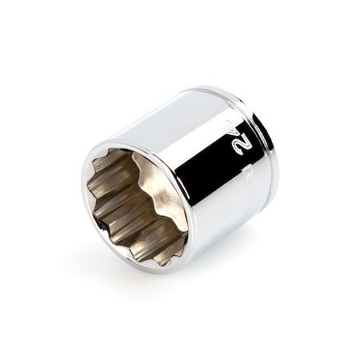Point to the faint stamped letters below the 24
[245, 172]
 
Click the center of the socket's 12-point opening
[138, 206]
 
